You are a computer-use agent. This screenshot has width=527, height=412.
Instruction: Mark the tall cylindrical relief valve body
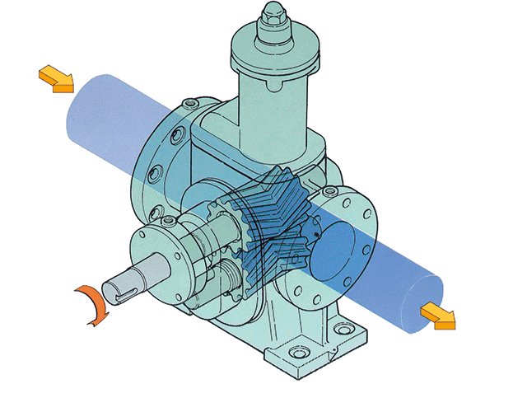coord(272,115)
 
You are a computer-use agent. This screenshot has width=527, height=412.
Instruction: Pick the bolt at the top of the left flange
coord(191,104)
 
